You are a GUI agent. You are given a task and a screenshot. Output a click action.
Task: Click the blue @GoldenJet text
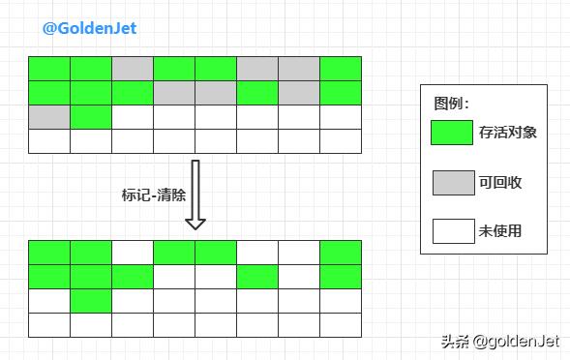click(89, 28)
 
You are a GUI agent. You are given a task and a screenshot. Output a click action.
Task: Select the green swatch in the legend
click(452, 132)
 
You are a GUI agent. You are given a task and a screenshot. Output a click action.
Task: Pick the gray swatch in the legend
click(452, 182)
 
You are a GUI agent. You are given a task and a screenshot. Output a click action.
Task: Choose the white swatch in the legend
click(452, 231)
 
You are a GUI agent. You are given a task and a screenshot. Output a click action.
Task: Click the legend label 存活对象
click(507, 132)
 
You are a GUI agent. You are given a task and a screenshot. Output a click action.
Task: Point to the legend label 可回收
click(500, 182)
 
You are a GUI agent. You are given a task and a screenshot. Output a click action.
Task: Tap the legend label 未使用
click(500, 231)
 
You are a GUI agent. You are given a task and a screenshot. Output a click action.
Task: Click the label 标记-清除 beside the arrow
click(153, 194)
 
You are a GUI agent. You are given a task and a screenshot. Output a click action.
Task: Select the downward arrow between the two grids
click(195, 195)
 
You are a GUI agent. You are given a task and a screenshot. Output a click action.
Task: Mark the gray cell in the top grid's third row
click(49, 117)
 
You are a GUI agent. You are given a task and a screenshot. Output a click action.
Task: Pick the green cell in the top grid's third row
click(91, 117)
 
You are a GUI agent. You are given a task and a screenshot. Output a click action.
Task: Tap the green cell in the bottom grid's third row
click(91, 301)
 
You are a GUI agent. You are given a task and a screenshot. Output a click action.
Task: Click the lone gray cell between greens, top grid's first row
click(133, 69)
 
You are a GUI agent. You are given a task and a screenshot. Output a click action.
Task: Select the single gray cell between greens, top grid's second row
click(299, 93)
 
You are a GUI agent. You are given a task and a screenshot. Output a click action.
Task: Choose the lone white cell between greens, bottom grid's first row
click(133, 253)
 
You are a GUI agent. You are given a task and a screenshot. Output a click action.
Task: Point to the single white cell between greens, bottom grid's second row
click(299, 277)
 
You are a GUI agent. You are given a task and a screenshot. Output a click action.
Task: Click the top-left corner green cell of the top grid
click(49, 69)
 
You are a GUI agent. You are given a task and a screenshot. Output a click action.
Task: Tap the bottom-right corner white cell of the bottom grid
click(341, 325)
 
